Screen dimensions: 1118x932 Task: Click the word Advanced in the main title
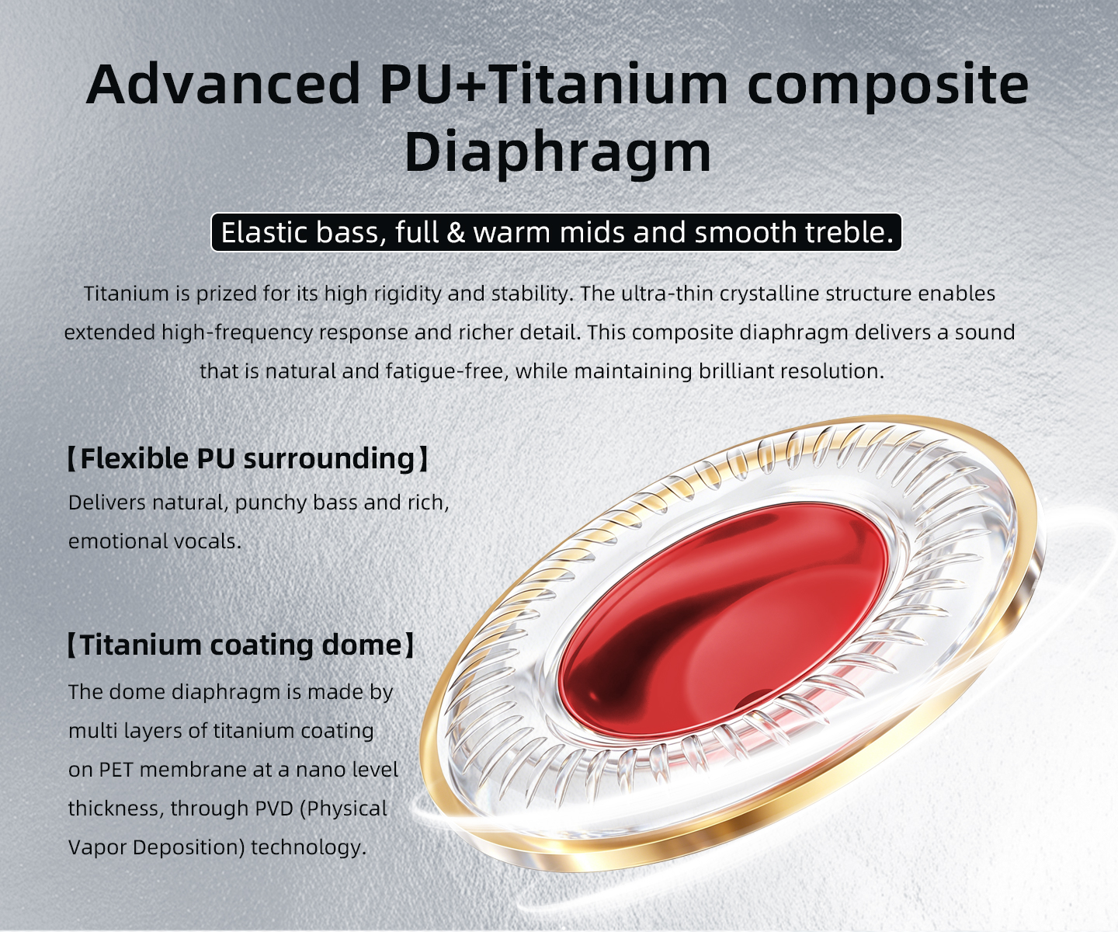coord(224,84)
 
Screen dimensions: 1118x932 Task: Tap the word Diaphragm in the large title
coord(558,151)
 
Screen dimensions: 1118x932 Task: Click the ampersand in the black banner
coord(455,233)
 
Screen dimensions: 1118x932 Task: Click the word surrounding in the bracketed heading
coord(330,460)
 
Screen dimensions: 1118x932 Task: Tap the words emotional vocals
coord(155,541)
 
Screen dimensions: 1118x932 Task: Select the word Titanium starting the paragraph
coord(127,294)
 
